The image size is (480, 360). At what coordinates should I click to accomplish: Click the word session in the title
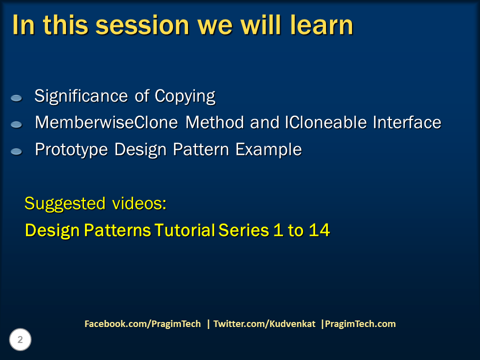click(142, 25)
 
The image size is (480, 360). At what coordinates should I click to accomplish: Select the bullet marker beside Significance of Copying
click(16, 98)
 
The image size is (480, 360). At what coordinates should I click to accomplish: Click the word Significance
click(81, 96)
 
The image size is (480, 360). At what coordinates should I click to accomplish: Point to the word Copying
click(185, 96)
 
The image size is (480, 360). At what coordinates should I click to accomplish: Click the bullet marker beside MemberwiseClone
click(16, 124)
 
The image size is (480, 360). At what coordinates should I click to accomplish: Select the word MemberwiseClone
click(106, 122)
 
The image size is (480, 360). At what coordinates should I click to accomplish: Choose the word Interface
click(407, 122)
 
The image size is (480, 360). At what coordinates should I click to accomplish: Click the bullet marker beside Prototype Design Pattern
click(16, 151)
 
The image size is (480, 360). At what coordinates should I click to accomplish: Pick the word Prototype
click(71, 150)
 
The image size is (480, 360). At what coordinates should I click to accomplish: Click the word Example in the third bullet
click(268, 150)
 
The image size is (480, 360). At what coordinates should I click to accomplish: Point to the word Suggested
click(65, 204)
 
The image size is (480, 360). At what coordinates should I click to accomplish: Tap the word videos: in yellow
click(139, 203)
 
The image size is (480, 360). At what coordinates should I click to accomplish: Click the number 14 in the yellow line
click(319, 230)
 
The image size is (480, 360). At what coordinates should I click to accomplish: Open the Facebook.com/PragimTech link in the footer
click(142, 324)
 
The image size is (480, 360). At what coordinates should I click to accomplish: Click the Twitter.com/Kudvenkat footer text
click(264, 324)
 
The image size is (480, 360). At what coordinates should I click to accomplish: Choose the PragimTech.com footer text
click(360, 324)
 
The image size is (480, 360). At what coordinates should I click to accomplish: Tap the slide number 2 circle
click(20, 339)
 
